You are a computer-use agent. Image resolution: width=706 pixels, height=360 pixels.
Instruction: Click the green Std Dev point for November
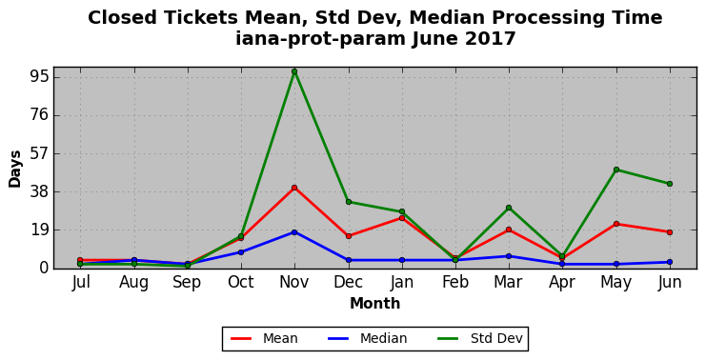(294, 71)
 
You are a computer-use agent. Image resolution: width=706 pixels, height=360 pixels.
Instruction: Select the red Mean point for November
(294, 188)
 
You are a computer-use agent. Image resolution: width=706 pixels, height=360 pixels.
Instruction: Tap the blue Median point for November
(294, 232)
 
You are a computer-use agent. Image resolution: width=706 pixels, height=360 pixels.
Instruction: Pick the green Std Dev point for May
(616, 170)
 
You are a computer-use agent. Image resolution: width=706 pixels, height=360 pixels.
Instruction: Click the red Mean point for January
(402, 218)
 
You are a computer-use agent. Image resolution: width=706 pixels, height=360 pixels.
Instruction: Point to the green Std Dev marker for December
(349, 202)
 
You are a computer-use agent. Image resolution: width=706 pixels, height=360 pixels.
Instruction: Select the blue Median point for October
(241, 252)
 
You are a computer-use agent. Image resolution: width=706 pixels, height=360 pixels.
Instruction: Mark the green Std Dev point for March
(509, 208)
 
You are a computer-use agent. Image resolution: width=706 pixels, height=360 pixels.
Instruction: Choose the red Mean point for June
(670, 232)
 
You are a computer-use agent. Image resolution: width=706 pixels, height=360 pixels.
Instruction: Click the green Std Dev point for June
(670, 184)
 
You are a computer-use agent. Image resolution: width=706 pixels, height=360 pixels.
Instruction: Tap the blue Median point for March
(509, 256)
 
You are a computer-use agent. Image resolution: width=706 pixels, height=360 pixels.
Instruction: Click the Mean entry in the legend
(264, 338)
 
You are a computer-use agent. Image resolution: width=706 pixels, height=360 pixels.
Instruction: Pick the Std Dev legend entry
(479, 338)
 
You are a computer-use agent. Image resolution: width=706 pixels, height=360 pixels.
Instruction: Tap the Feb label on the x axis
(455, 282)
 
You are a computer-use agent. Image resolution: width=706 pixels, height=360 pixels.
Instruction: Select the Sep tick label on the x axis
(187, 283)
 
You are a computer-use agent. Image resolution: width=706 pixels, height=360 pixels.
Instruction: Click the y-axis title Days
(15, 169)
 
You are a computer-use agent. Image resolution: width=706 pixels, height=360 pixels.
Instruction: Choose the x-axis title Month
(375, 303)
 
